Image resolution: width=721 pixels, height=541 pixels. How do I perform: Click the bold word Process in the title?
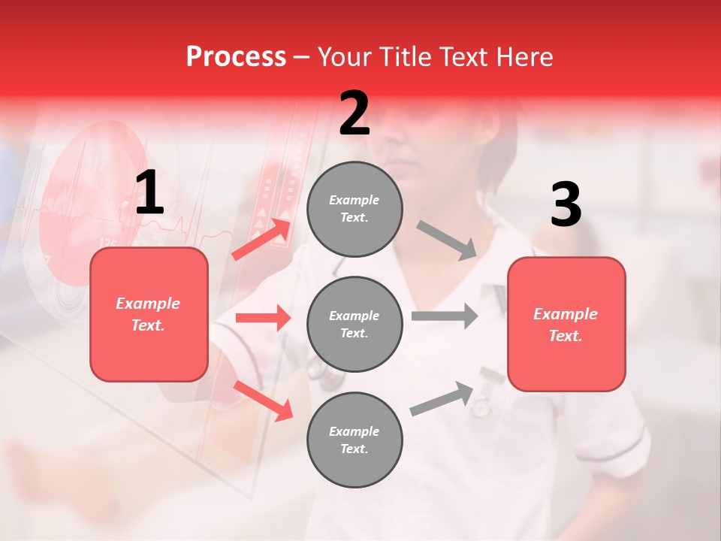click(236, 57)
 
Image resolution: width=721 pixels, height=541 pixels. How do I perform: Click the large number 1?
click(149, 194)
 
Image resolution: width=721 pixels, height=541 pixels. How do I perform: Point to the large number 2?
click(354, 113)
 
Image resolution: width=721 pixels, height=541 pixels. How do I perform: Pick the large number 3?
click(566, 204)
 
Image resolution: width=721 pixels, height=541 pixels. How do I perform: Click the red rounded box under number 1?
click(149, 314)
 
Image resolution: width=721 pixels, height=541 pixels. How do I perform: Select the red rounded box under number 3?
click(566, 324)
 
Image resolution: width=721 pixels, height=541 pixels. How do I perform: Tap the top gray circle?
click(354, 209)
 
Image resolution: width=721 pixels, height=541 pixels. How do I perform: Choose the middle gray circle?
click(354, 324)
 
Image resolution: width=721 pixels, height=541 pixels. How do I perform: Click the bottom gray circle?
click(354, 440)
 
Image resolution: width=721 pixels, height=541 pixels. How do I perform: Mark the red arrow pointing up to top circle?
click(261, 239)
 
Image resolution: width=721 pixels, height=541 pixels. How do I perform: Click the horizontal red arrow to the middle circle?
click(263, 318)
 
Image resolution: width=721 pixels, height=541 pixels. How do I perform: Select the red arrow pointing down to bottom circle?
click(263, 400)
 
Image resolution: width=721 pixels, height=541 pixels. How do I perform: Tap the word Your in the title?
click(345, 57)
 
